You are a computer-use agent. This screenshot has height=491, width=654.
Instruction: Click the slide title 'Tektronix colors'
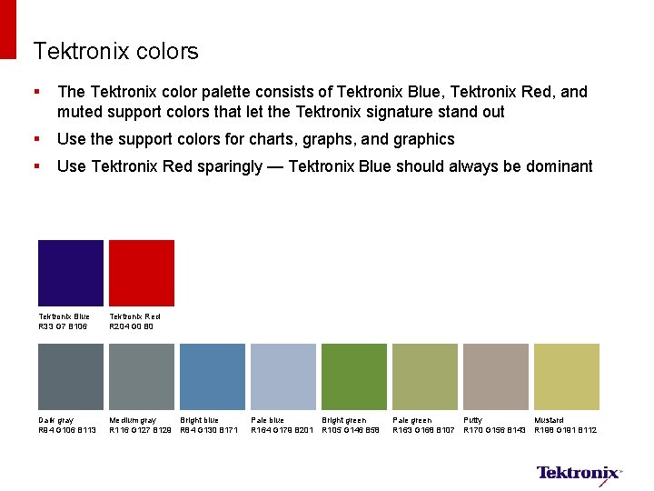(115, 52)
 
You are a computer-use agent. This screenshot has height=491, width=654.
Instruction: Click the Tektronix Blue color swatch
(71, 273)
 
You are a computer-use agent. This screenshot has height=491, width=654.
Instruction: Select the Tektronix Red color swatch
(142, 273)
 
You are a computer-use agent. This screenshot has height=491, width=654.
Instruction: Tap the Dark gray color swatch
(71, 376)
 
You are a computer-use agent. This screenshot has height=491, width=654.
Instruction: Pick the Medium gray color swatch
(142, 376)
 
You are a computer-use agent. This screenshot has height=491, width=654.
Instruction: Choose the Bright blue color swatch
(213, 376)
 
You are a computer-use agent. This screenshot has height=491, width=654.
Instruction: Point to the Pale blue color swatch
(283, 376)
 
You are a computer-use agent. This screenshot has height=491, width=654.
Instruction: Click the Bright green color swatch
(354, 376)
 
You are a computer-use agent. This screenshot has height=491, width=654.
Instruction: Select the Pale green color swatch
(425, 376)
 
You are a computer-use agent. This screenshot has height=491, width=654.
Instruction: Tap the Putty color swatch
(496, 376)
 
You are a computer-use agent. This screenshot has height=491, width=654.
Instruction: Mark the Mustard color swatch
(567, 376)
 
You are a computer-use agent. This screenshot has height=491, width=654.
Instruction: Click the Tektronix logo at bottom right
(579, 473)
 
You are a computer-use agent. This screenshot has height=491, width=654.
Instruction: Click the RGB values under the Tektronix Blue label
(63, 326)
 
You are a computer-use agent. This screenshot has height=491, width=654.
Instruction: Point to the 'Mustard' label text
(549, 420)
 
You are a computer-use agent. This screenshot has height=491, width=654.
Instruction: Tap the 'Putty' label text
(473, 420)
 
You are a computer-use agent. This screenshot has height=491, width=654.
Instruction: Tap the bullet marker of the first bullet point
(35, 92)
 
